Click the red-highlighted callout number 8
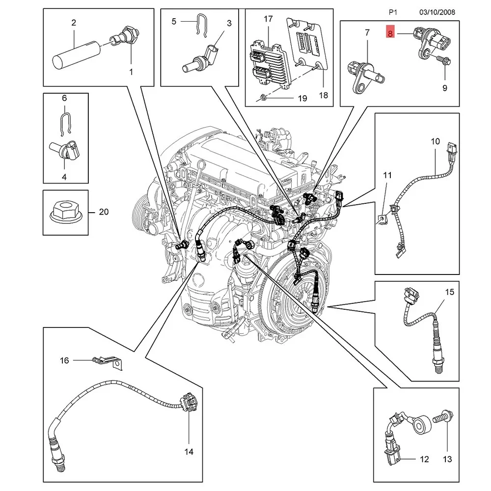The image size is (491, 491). [390, 33]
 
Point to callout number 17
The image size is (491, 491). [268, 19]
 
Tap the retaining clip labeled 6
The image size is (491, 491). [65, 122]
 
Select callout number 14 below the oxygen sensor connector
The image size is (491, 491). [189, 451]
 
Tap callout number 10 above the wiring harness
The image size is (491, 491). [435, 141]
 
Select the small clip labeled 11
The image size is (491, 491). [383, 218]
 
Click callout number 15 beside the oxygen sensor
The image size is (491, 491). [450, 292]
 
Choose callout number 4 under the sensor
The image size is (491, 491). [64, 176]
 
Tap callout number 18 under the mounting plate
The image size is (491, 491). [323, 95]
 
